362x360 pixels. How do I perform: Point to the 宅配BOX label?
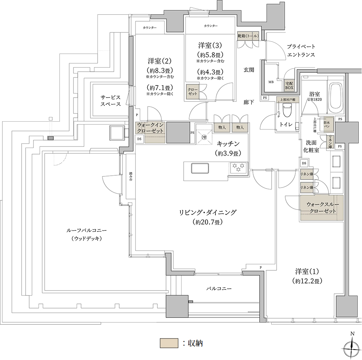tap(289, 85)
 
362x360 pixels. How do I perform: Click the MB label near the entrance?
tap(271, 82)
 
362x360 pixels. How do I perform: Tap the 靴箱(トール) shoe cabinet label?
tap(249, 36)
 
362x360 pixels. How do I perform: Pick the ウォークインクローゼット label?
tap(151, 128)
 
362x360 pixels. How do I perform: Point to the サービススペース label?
tap(110, 101)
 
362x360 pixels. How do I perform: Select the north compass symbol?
tap(352, 348)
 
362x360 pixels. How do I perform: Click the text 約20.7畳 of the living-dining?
tap(208, 222)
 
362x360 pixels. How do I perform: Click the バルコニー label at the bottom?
tap(219, 289)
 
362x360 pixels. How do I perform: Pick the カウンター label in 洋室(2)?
tap(149, 28)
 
